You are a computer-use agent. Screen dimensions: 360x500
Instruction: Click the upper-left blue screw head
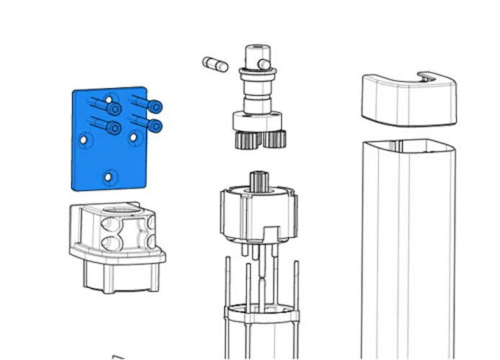point(114,109)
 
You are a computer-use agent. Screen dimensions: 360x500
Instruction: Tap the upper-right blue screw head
point(155,107)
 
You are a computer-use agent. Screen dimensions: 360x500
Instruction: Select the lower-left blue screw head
point(114,128)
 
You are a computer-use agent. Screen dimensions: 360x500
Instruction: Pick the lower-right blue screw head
point(155,126)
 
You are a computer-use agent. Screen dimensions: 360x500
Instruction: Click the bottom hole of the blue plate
point(108,176)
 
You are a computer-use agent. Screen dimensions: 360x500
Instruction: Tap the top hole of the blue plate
point(108,99)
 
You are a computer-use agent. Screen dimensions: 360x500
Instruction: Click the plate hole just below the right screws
point(134,136)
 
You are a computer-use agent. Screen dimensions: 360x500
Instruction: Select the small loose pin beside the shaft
point(215,64)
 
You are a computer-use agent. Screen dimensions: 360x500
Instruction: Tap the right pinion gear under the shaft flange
point(276,138)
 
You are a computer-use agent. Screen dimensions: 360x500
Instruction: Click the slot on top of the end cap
point(429,76)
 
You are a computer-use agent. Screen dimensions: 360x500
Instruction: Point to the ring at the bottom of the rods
point(262,313)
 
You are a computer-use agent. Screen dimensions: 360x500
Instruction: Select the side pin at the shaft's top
point(267,65)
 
